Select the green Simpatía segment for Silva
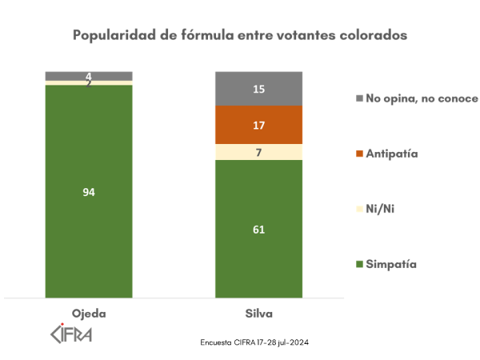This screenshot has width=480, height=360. pos(258,256)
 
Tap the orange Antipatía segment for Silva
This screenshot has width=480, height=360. pos(258,126)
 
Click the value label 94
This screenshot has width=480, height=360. pos(89,192)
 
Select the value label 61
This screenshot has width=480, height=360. pos(258,230)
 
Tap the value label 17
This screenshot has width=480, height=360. pos(258,126)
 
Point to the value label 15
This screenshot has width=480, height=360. pos(258,89)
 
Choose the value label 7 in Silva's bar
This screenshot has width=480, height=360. pos(258,152)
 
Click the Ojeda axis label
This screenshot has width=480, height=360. pos(89,313)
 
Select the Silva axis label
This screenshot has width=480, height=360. pos(258,313)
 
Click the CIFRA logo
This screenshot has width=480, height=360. pos(71,332)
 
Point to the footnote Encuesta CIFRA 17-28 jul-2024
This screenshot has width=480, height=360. pos(254,342)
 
